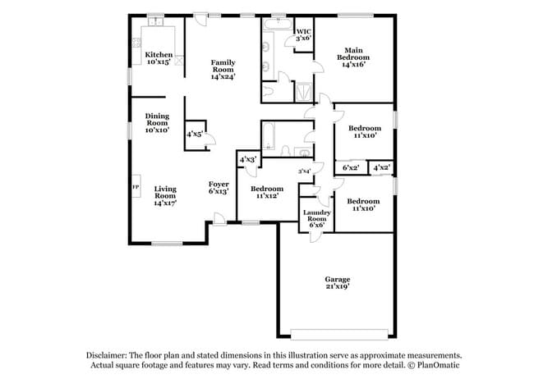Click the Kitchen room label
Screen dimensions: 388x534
159,55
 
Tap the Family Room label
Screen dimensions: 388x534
223,66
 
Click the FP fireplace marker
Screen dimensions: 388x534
136,187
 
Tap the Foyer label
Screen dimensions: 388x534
218,184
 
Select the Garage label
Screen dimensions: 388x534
337,281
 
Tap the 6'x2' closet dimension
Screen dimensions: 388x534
351,167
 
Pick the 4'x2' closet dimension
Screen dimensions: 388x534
381,167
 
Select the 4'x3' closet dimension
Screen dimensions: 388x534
248,159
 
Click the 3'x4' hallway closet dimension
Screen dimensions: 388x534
304,171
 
